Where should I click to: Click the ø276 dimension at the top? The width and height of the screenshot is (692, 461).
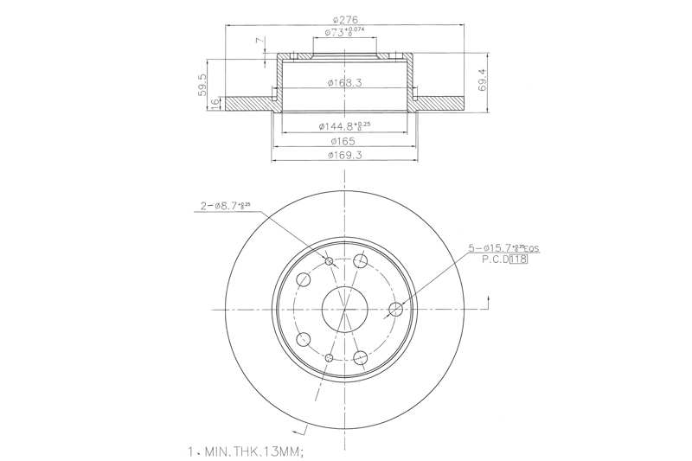coord(344,19)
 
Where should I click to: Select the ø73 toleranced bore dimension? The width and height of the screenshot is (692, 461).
coord(344,33)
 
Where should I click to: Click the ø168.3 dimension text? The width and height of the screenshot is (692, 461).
coord(344,83)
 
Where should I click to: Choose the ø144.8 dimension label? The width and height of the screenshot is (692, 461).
coord(344,125)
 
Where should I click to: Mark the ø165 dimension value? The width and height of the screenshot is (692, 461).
coord(344,141)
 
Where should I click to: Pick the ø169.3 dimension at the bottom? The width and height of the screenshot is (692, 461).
coord(344,156)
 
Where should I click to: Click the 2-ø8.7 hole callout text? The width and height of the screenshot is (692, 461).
coord(224,206)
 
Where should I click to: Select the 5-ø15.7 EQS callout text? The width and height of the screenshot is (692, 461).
coord(503,248)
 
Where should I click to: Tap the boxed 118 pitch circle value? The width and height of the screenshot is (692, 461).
coord(519,259)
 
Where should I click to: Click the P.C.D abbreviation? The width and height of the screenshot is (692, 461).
coord(494,259)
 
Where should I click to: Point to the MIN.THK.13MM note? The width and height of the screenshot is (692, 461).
coord(247,451)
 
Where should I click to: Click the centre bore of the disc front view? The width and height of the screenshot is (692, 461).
coord(344,308)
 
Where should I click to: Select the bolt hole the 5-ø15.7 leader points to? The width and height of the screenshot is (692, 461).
coord(397,309)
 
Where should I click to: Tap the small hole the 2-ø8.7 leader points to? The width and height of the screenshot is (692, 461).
coord(329,260)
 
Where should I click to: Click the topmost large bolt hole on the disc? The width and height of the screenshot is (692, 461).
coord(361,261)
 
